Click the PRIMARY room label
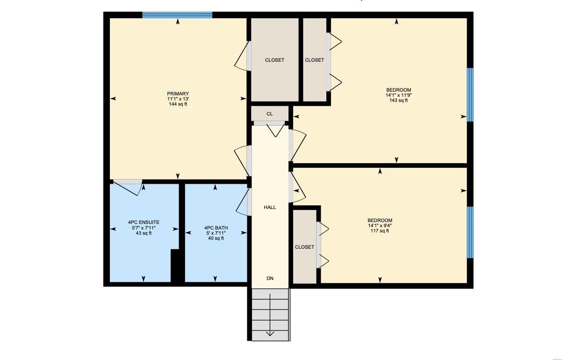[x=178, y=94]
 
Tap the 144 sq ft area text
[x=178, y=104]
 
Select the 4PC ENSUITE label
[x=144, y=222]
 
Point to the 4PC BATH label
[x=216, y=228]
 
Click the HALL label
[x=270, y=207]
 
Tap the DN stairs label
[x=270, y=278]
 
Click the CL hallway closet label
[x=269, y=114]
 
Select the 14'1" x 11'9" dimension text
[x=398, y=95]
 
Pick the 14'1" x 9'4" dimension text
[x=380, y=225]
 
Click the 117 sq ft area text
[x=380, y=231]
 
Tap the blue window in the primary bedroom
[x=177, y=15]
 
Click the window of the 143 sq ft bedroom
[x=470, y=94]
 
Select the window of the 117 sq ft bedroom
[x=470, y=232]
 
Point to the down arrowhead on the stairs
[x=270, y=333]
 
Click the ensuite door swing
[x=128, y=187]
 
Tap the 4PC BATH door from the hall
[x=243, y=202]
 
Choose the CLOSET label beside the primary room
[x=274, y=60]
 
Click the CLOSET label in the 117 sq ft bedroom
[x=304, y=247]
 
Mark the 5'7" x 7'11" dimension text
[x=144, y=228]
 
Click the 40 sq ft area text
[x=216, y=238]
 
